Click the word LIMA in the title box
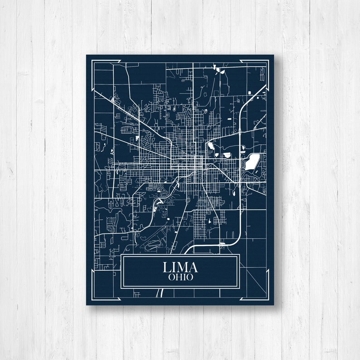pyautogui.click(x=180, y=267)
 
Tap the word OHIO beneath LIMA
pyautogui.click(x=180, y=277)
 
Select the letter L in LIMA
pyautogui.click(x=166, y=267)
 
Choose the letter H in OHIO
pyautogui.click(x=177, y=277)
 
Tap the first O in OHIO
pyautogui.click(x=171, y=277)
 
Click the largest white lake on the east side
pyautogui.click(x=252, y=161)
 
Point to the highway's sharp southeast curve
pyautogui.click(x=236, y=240)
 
